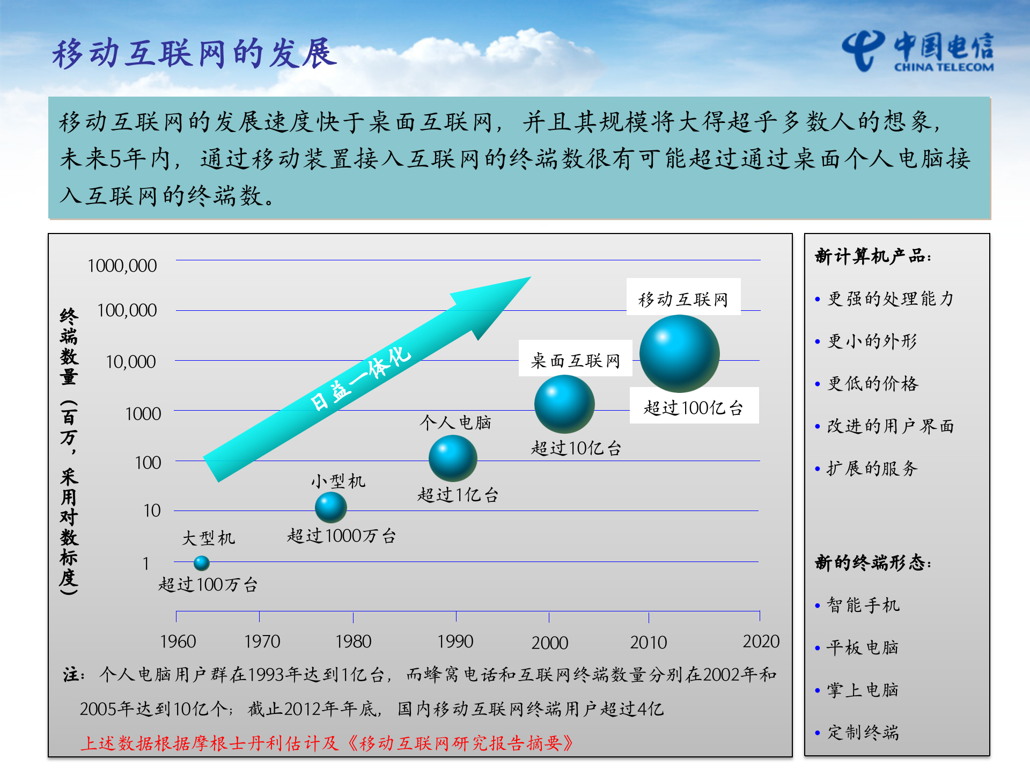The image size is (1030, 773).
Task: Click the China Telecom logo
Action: (x=917, y=52)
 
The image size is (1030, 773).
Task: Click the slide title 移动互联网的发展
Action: (x=194, y=54)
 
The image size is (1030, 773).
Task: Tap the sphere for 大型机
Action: (x=201, y=563)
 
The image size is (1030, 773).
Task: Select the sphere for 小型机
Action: (x=330, y=507)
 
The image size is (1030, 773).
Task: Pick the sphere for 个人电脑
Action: (x=453, y=458)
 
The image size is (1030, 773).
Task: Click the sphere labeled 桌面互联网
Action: (x=564, y=404)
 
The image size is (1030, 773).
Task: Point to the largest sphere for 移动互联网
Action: (x=679, y=353)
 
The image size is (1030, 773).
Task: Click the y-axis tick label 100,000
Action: (x=127, y=310)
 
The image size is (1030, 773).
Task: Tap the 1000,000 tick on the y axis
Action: (x=122, y=266)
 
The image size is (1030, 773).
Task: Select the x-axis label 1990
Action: (x=455, y=641)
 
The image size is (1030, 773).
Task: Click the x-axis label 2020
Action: (x=761, y=641)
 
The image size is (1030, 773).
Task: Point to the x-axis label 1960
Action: (x=178, y=641)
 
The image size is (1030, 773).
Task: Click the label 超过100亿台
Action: (x=694, y=408)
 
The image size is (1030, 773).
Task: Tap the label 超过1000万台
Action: (x=341, y=536)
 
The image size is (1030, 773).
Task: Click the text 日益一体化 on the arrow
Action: (x=360, y=378)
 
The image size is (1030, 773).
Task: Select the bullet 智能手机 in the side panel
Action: (x=863, y=606)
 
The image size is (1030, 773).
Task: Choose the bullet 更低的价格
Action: (x=873, y=384)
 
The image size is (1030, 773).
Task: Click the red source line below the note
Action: (x=327, y=743)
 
